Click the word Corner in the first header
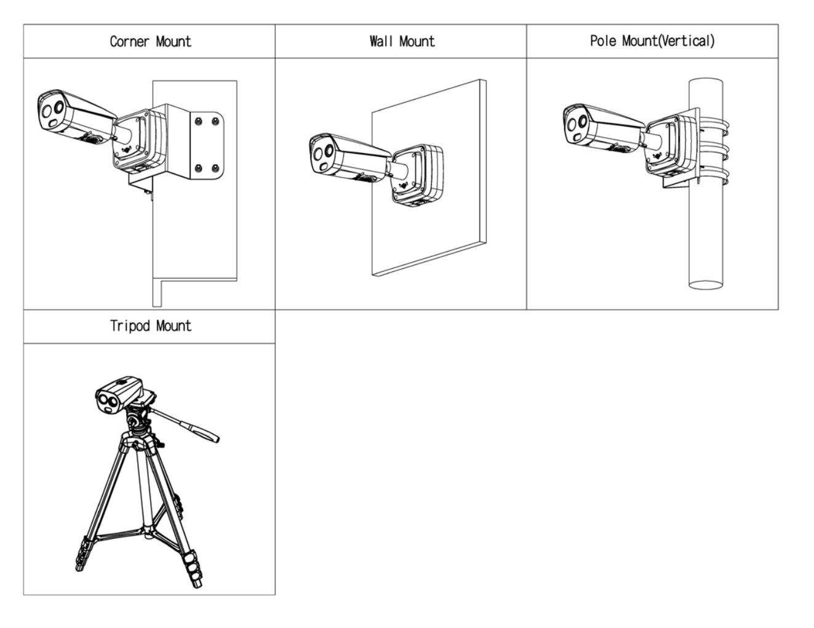pyautogui.click(x=129, y=42)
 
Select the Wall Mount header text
pyautogui.click(x=402, y=41)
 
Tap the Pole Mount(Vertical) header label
pyautogui.click(x=652, y=41)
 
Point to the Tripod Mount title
pyautogui.click(x=150, y=326)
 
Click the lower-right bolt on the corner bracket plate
pyautogui.click(x=215, y=168)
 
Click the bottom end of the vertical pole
pyautogui.click(x=705, y=285)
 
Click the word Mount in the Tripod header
pyautogui.click(x=173, y=326)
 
